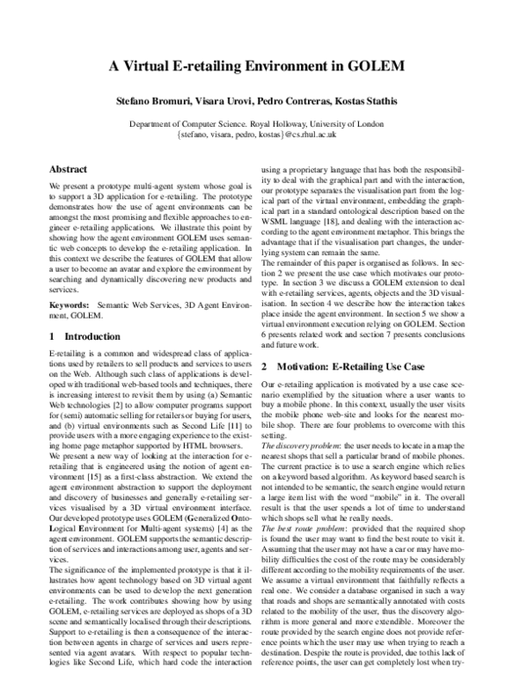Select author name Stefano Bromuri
(154, 102)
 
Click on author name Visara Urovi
(230, 102)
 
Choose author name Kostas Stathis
(380, 102)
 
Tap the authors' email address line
(263, 136)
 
